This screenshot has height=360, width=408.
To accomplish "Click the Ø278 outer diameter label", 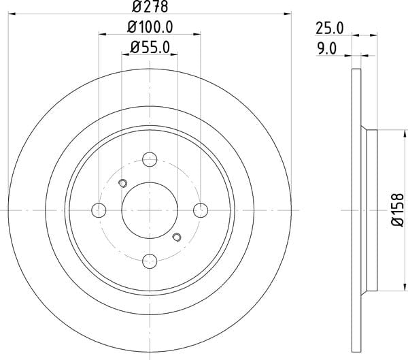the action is pyautogui.click(x=150, y=7).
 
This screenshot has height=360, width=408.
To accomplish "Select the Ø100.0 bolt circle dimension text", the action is pyautogui.click(x=150, y=27).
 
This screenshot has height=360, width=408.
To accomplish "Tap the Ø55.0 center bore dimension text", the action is pyautogui.click(x=150, y=48).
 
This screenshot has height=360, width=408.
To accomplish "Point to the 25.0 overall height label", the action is pyautogui.click(x=330, y=28).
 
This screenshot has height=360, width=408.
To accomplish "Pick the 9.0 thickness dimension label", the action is pyautogui.click(x=327, y=49).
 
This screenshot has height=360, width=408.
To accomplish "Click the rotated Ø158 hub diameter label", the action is pyautogui.click(x=398, y=210).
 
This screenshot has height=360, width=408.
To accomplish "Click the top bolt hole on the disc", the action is pyautogui.click(x=150, y=159).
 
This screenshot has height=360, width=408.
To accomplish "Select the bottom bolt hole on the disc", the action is pyautogui.click(x=150, y=261).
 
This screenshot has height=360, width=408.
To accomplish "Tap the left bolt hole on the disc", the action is pyautogui.click(x=99, y=210).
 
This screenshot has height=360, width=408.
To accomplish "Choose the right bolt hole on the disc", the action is pyautogui.click(x=201, y=210).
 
